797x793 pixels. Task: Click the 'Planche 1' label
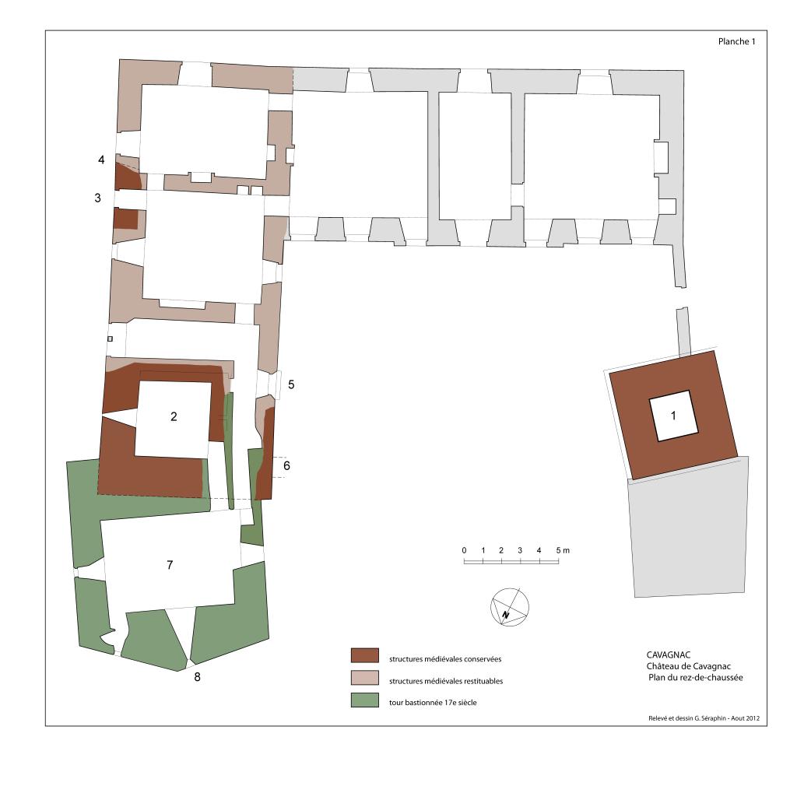[x=736, y=42]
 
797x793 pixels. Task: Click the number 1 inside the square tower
[x=673, y=416]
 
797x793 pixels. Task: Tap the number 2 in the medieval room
[x=174, y=417]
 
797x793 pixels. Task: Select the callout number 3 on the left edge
[x=97, y=198]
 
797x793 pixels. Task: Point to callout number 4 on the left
[x=101, y=160]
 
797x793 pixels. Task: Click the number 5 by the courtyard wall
[x=291, y=384]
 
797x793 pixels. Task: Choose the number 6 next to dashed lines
[x=286, y=465]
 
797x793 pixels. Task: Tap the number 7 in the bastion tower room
[x=170, y=565]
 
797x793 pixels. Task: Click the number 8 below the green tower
[x=197, y=677]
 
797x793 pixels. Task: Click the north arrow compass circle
[x=509, y=607]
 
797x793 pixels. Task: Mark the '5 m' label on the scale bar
[x=563, y=550]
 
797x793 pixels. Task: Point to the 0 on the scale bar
[x=464, y=550]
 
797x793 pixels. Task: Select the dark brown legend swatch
[x=365, y=656]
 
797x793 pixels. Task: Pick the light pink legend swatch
[x=365, y=678]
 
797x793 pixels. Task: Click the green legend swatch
[x=365, y=700]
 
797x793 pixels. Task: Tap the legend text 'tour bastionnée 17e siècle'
[x=433, y=703]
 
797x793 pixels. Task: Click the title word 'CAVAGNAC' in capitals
[x=669, y=655]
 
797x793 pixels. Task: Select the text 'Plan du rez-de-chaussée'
[x=696, y=678]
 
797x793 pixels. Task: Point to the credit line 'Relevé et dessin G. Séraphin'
[x=687, y=718]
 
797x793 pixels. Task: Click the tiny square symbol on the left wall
[x=110, y=339]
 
